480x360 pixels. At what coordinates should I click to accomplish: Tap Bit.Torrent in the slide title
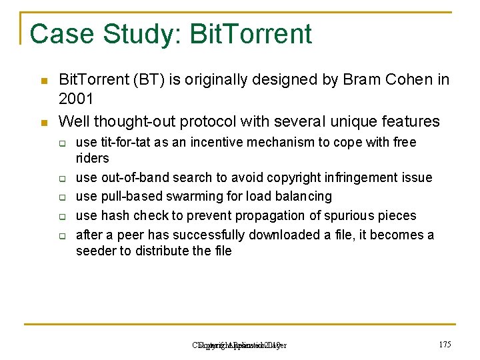251,34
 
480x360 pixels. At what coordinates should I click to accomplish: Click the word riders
93,158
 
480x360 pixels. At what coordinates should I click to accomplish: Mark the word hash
116,215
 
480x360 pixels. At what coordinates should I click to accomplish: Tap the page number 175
445,345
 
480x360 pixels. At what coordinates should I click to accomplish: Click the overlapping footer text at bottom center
239,345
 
